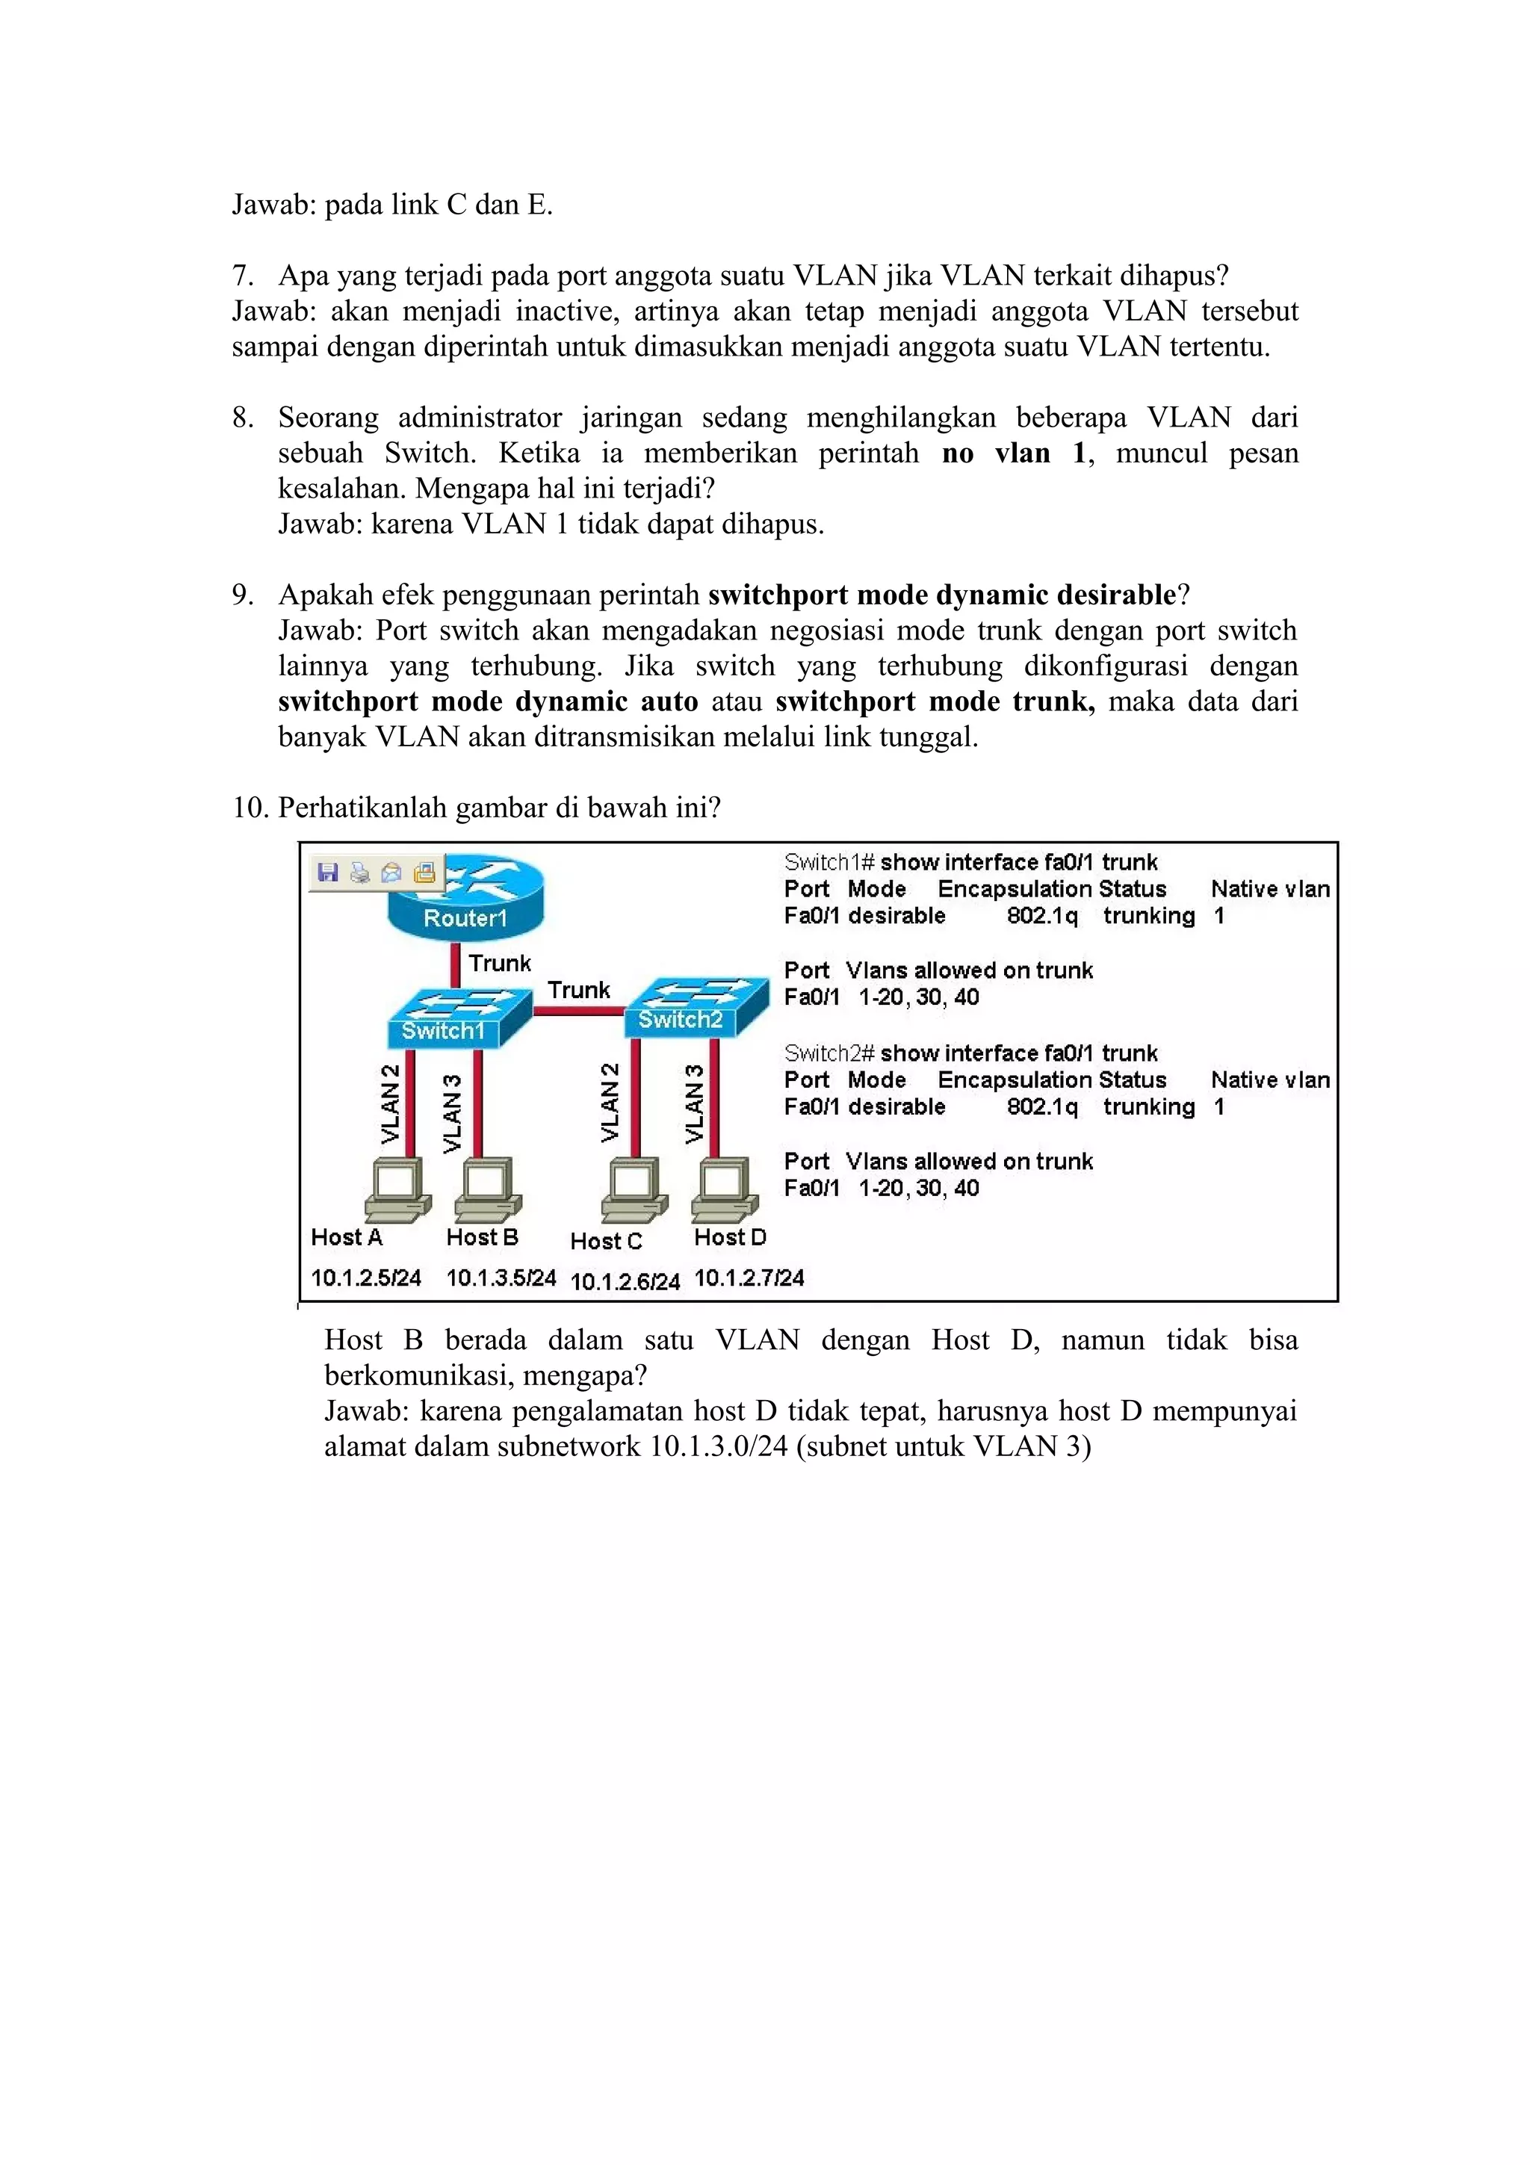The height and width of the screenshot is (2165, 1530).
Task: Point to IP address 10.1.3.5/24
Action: tap(501, 1277)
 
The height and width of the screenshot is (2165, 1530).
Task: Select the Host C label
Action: tap(605, 1241)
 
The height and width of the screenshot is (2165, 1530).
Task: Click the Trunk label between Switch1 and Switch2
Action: tap(579, 989)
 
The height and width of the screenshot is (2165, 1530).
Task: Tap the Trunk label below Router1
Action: tap(500, 963)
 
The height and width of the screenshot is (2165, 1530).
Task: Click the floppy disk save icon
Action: tap(327, 873)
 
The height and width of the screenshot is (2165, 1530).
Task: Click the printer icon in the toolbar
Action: tap(359, 873)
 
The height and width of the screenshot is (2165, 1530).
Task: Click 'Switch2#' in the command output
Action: tap(829, 1053)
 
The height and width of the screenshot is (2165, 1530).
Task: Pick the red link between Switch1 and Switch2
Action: tap(579, 1011)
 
